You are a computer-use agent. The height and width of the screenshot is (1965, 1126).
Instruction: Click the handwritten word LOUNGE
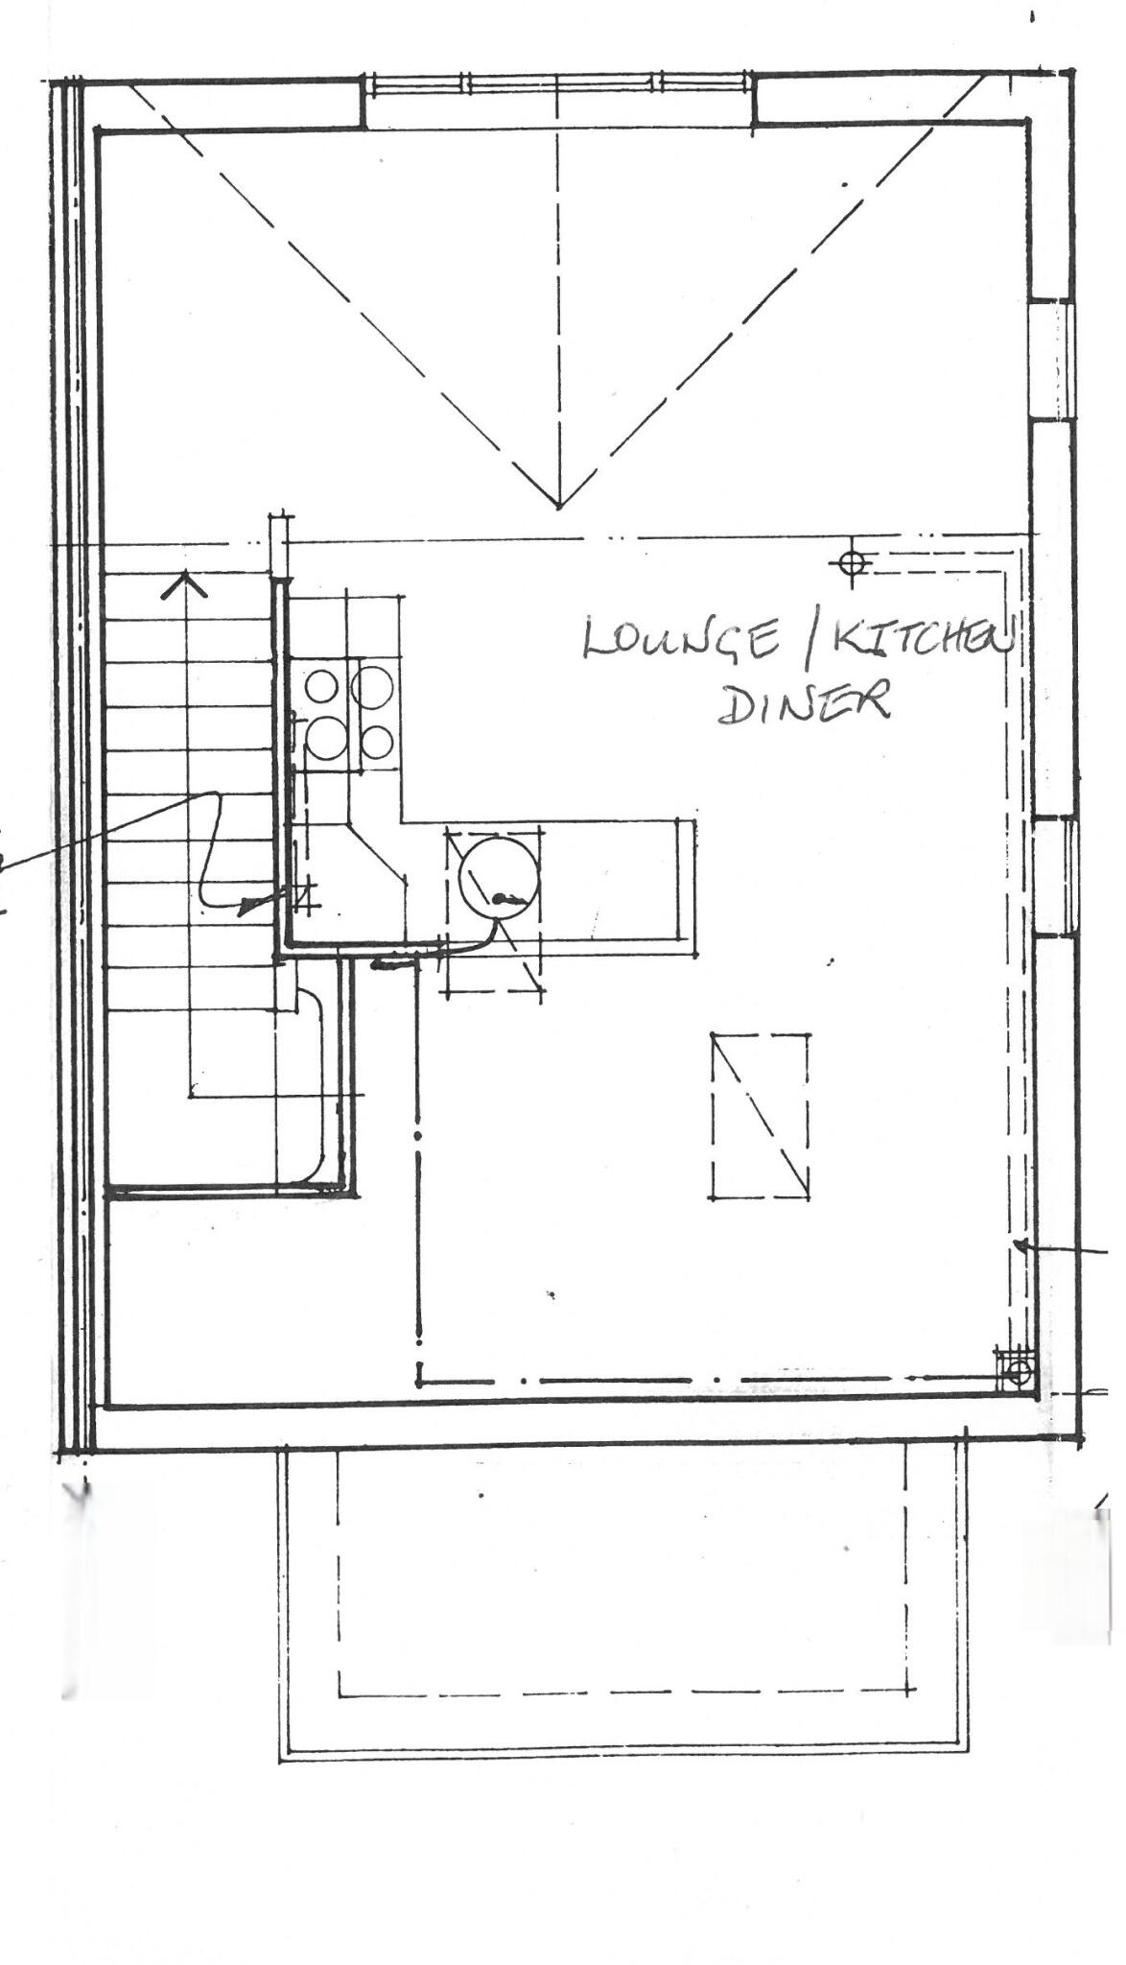(680, 639)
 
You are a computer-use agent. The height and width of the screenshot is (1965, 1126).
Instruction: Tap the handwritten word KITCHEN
(921, 641)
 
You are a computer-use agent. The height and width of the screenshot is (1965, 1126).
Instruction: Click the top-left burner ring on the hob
(321, 686)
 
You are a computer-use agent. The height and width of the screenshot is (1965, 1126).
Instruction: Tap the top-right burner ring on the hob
(371, 685)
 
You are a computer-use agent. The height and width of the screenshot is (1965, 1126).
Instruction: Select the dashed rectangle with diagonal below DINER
(759, 1116)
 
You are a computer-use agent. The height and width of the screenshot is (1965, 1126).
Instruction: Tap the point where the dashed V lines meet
(559, 506)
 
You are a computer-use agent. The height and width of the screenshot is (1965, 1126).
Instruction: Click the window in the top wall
(559, 85)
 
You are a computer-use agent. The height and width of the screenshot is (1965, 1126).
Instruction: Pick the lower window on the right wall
(1054, 875)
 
